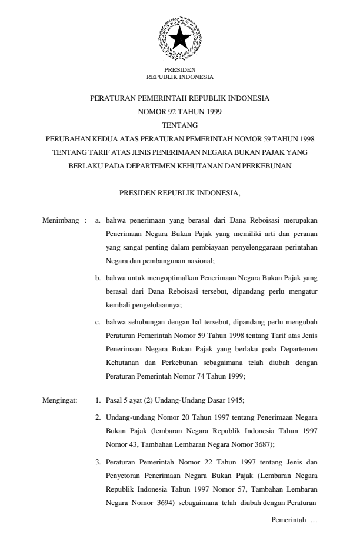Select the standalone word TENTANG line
coord(179,125)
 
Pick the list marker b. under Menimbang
coord(98,275)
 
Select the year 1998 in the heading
coord(304,139)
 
